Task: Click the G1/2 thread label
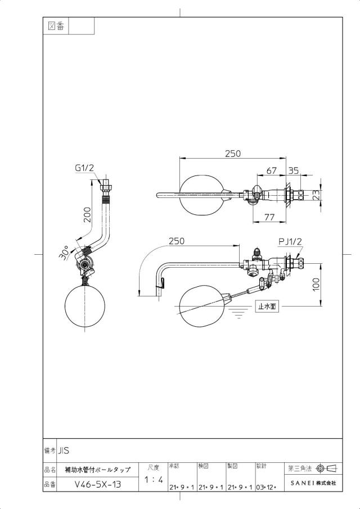[x=84, y=168]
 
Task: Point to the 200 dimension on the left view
[x=88, y=214]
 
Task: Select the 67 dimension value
[x=271, y=171]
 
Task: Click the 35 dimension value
[x=294, y=171]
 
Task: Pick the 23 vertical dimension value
[x=316, y=195]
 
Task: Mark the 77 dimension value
[x=269, y=217]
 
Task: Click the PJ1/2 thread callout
[x=290, y=241]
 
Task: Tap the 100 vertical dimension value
[x=316, y=285]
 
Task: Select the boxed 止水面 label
[x=267, y=306]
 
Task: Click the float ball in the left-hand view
[x=85, y=305]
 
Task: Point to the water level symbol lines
[x=239, y=313]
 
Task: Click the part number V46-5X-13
[x=98, y=484]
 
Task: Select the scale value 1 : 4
[x=154, y=479]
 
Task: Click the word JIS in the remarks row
[x=64, y=451]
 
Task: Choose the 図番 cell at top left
[x=56, y=26]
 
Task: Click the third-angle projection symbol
[x=327, y=469]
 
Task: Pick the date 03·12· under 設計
[x=266, y=487]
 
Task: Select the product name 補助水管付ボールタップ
[x=98, y=470]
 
